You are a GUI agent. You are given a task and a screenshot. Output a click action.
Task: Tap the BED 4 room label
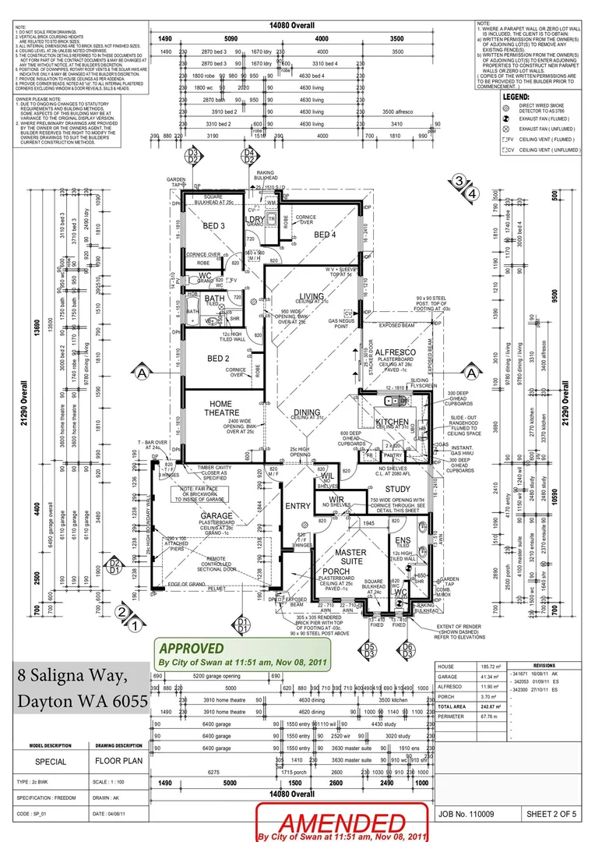(325, 235)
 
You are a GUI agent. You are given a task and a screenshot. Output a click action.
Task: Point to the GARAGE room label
(216, 516)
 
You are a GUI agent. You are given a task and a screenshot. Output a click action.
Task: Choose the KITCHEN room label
(392, 422)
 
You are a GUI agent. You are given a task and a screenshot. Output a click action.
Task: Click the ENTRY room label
(297, 506)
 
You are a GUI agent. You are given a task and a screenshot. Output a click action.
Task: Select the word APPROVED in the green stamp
(192, 648)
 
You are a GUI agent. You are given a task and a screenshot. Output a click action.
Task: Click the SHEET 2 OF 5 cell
(551, 813)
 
